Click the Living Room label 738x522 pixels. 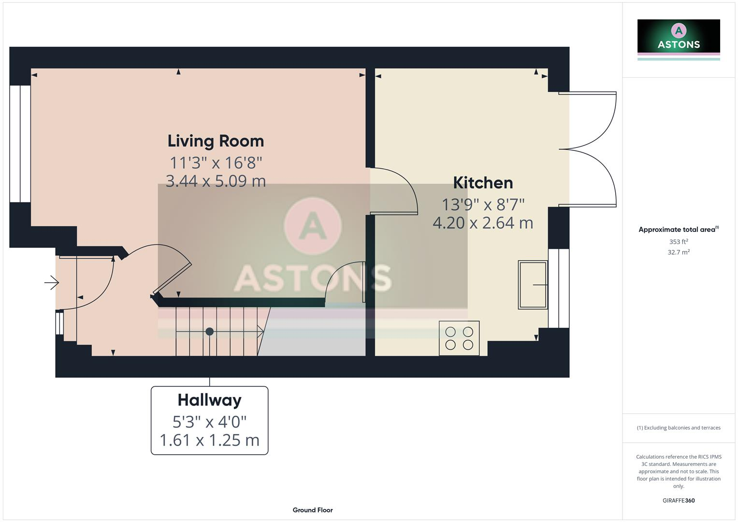[x=216, y=141]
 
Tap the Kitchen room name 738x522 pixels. [x=482, y=183]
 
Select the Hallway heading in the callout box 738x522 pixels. [x=209, y=400]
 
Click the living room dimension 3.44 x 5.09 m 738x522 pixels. [x=216, y=181]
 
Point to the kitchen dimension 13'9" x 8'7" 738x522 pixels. [x=482, y=204]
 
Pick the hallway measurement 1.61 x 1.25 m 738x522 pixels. [x=209, y=440]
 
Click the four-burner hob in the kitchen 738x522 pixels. [x=459, y=338]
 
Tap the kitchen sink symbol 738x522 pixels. [x=533, y=285]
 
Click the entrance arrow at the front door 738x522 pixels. [x=52, y=282]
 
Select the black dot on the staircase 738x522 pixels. [x=209, y=332]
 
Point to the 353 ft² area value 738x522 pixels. [x=679, y=242]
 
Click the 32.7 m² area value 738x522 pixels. [x=679, y=252]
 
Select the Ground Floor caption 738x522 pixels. [x=313, y=510]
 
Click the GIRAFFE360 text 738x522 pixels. [x=679, y=501]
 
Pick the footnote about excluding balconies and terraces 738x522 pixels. [x=679, y=428]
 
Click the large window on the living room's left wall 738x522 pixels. [x=20, y=144]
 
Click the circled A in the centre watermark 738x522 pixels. [x=313, y=226]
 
